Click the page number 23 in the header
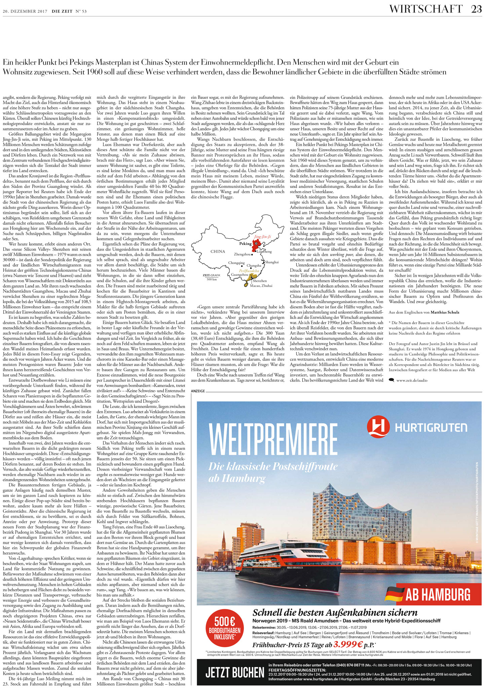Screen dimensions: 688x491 coord(476,9)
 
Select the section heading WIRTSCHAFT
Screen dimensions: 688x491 coord(426,9)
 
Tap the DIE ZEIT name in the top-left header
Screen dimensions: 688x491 coord(62,11)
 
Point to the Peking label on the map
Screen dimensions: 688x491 coord(245,244)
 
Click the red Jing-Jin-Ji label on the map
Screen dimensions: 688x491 coord(263,236)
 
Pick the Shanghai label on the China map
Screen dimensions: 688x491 coord(272,262)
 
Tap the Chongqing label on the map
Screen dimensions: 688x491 coord(236,263)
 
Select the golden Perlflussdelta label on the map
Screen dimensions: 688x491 coord(249,270)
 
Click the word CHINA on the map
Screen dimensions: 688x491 coord(218,251)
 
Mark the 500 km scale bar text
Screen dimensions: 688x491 coord(212,279)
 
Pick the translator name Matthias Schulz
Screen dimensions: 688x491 coord(445,312)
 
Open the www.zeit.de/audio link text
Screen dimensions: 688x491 coord(412,380)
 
